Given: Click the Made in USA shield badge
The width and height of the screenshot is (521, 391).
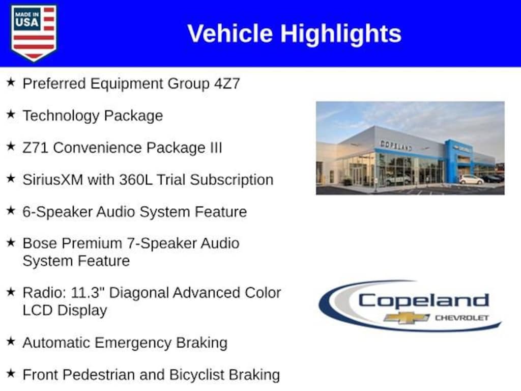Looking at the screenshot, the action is [34, 33].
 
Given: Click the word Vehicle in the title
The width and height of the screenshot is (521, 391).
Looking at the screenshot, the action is [230, 34].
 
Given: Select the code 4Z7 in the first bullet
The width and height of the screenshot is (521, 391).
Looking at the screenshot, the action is [227, 83].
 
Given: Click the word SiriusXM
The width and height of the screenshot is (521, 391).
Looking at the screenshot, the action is [53, 180].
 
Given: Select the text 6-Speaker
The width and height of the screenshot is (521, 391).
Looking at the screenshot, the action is [57, 212].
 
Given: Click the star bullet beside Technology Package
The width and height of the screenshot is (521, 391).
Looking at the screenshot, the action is [11, 115].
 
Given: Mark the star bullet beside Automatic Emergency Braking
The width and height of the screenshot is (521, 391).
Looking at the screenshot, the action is [11, 341].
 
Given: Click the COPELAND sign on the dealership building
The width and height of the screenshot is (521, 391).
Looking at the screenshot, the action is [396, 146].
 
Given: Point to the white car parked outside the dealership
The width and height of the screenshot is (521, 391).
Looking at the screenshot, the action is [472, 180].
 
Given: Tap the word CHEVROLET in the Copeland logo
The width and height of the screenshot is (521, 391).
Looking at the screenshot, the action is [462, 318].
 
